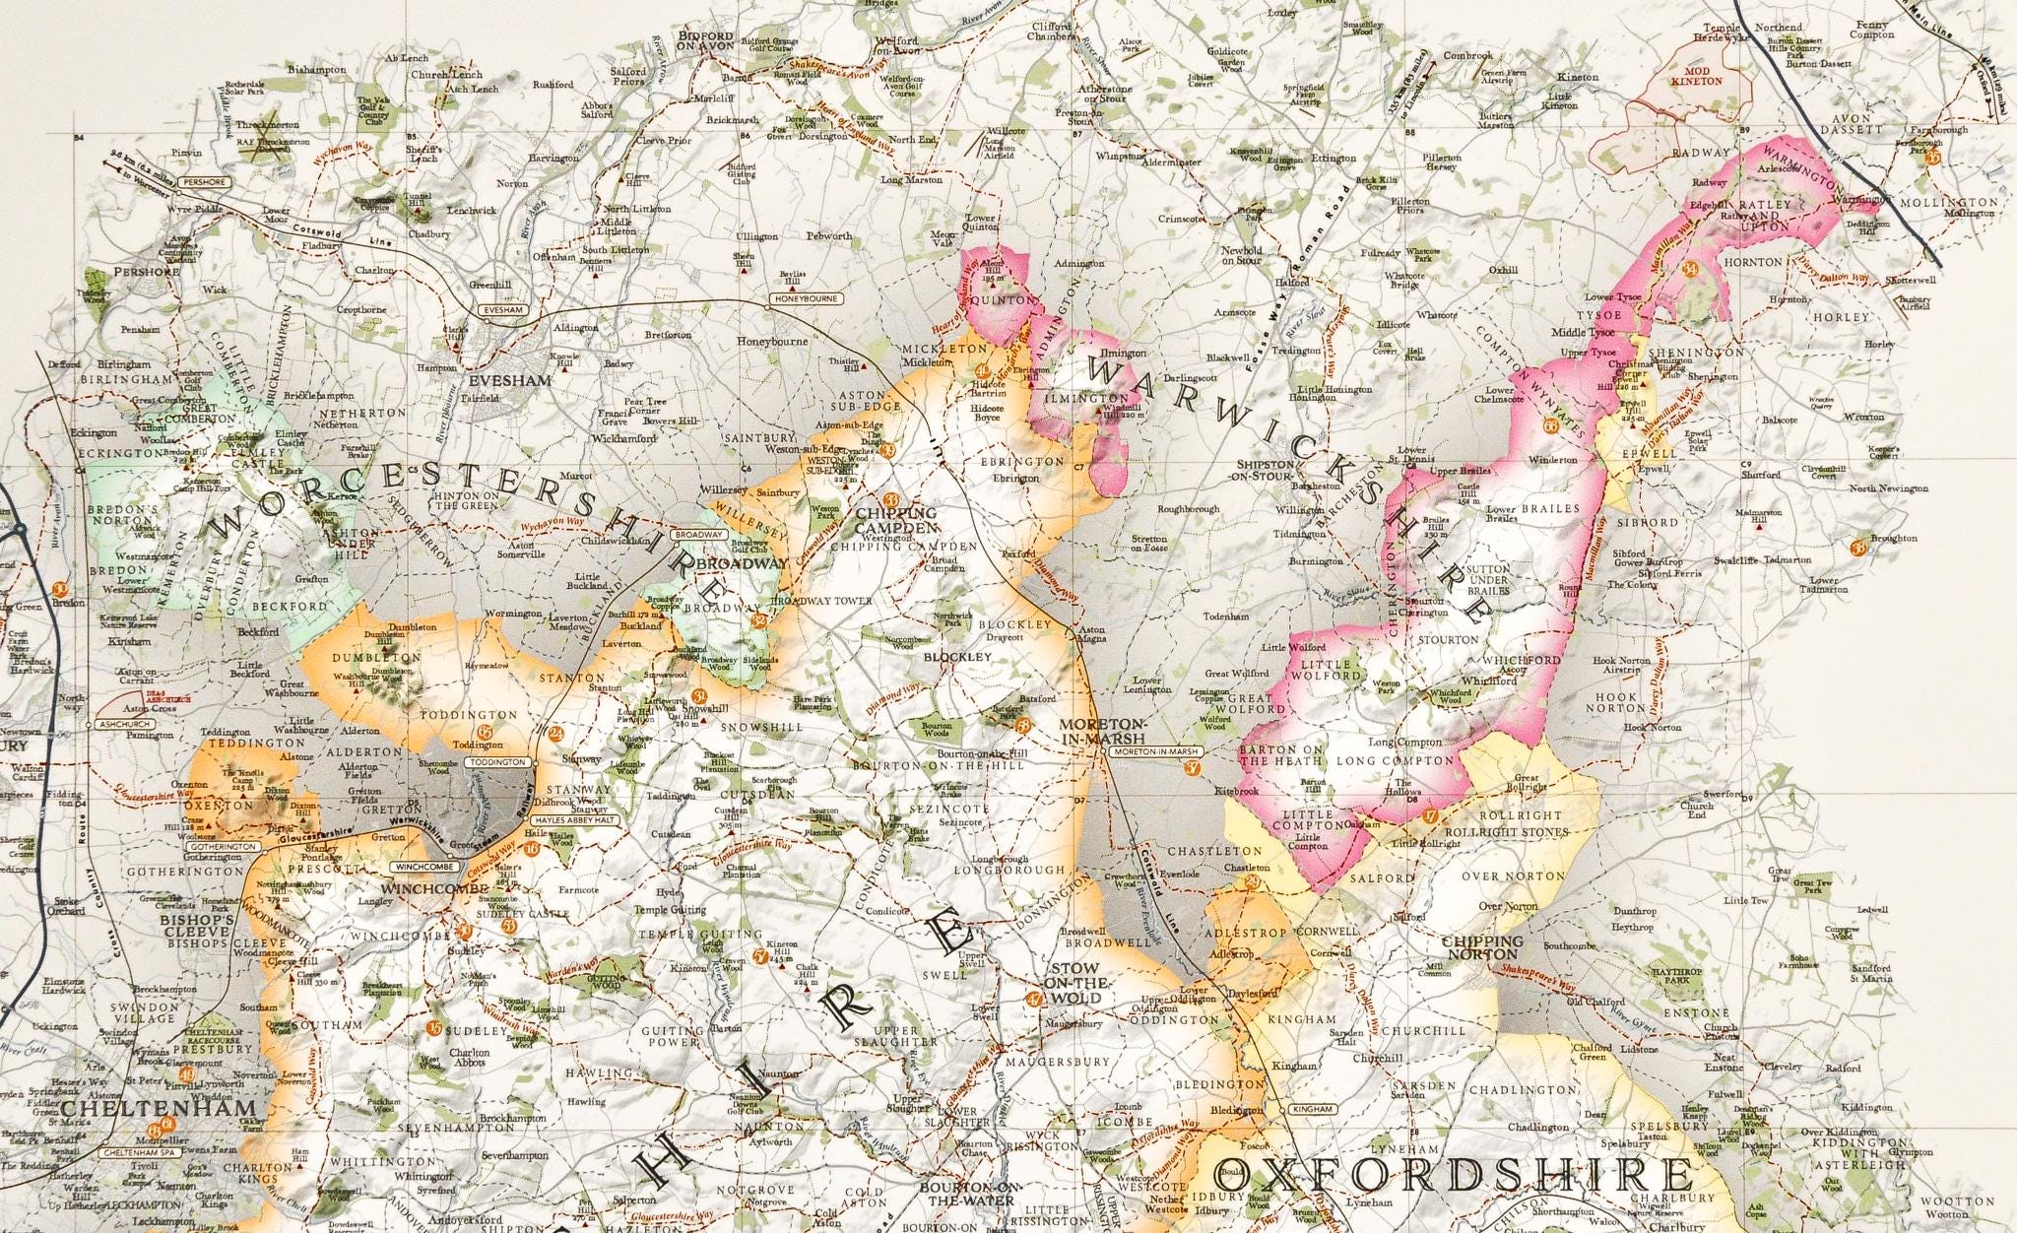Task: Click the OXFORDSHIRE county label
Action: (1462, 1176)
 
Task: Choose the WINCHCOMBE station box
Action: (423, 867)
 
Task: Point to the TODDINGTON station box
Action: (499, 762)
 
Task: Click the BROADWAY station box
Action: (698, 535)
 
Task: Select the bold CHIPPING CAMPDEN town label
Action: (896, 519)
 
